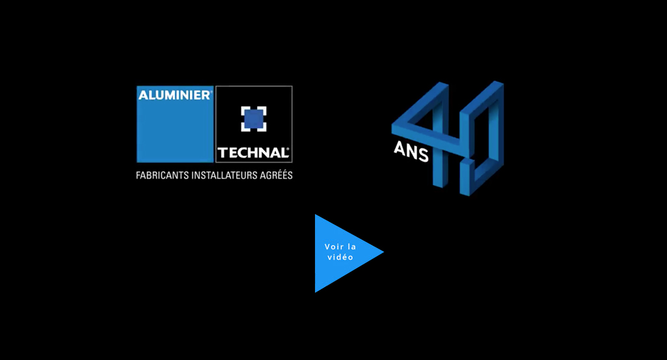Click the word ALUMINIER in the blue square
coord(174,95)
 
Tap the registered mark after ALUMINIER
coord(211,91)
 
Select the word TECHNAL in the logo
coord(252,153)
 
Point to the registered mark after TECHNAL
coord(288,149)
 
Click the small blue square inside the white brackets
coord(254,118)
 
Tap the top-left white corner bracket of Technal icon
coord(244,110)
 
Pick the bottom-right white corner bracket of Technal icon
coord(264,128)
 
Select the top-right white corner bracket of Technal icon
coord(264,110)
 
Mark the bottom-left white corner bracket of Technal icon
coord(244,128)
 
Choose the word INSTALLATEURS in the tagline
coord(224,175)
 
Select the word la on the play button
coord(352,247)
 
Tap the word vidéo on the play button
coord(340,257)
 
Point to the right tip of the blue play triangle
coord(384,252)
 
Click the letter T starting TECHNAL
coord(223,153)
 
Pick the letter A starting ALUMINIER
coord(144,95)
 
